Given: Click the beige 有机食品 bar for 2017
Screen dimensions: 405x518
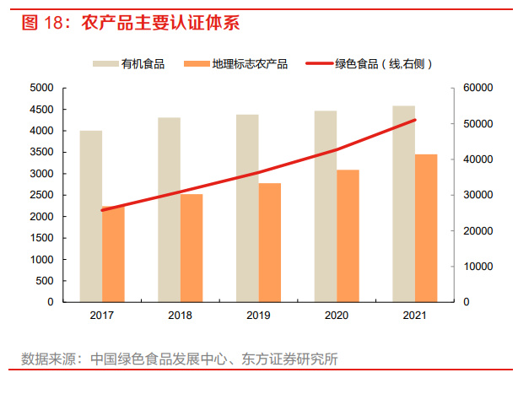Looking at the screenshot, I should [91, 216].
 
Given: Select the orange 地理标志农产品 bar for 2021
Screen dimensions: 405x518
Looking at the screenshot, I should [426, 228].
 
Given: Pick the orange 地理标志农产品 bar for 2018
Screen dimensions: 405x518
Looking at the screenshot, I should [192, 248].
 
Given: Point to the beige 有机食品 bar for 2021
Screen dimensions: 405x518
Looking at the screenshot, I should [403, 203].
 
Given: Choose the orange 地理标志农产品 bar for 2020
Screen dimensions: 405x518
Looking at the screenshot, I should [348, 235].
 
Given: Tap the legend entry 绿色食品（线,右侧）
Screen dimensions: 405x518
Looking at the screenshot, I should [372, 64].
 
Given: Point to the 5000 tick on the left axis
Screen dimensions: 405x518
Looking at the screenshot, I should [41, 88].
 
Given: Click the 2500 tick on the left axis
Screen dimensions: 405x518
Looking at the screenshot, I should [41, 195].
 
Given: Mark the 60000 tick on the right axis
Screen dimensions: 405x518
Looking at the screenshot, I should [477, 88].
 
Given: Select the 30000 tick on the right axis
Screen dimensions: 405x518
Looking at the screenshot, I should [477, 195].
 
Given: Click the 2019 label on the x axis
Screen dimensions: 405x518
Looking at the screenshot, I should [258, 316].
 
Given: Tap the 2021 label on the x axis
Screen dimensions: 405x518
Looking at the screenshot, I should [414, 316].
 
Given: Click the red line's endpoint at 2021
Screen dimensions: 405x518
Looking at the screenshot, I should [415, 120].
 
